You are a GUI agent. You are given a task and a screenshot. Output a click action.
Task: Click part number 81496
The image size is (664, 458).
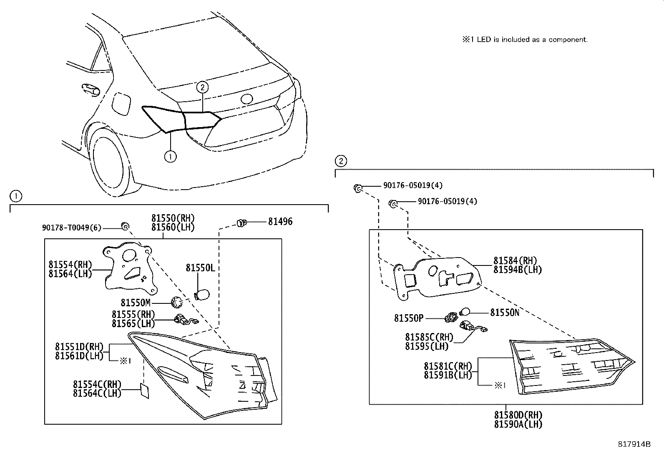coord(280,222)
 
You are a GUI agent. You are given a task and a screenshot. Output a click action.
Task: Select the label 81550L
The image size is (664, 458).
coord(200,268)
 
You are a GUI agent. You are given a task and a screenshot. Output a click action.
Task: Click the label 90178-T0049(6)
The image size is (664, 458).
coord(71,228)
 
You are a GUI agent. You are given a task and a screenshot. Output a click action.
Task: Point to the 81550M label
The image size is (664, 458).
coord(135,303)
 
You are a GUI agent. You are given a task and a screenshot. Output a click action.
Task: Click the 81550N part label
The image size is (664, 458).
coord(504,312)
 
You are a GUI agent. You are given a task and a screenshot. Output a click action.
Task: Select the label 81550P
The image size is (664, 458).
coord(409,318)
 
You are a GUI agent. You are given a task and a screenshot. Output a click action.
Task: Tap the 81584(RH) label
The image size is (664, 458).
coord(515,261)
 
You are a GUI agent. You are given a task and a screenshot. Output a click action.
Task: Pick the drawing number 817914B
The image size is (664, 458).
coord(634,444)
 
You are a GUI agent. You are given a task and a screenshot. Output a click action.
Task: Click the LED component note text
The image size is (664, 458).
coord(524,40)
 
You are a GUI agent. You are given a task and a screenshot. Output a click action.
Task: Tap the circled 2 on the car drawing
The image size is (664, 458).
coord(202,87)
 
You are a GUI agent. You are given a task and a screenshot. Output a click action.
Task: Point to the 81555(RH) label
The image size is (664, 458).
coord(133,315)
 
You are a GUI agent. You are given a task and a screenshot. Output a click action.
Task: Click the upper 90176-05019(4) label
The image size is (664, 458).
coord(413,185)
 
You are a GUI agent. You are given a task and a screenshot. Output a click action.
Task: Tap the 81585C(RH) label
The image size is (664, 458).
coord(429,337)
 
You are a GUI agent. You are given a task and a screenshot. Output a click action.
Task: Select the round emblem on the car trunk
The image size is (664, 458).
coord(246,99)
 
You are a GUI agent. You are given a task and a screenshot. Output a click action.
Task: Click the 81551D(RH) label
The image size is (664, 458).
coord(79,347)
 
